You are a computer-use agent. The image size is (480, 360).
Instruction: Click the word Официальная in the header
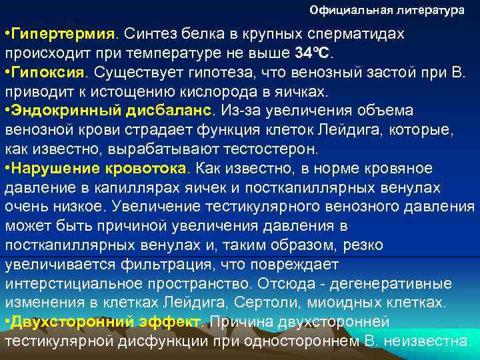(x=347, y=11)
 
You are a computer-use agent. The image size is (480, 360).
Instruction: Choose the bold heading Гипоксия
(x=52, y=71)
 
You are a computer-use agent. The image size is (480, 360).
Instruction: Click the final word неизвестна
(x=425, y=342)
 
